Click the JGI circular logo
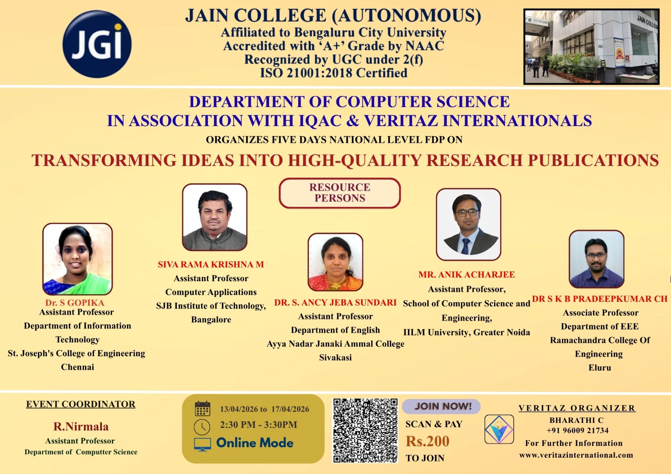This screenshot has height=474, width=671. (x=97, y=44)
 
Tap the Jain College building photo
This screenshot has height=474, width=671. (x=591, y=47)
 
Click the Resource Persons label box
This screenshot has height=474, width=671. (x=340, y=193)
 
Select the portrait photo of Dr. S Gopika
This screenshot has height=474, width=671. (x=78, y=259)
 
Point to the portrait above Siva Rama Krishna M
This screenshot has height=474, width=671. (x=215, y=217)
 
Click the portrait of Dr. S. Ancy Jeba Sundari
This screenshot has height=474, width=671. (x=335, y=262)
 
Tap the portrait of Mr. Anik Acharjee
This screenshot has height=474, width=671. (x=468, y=224)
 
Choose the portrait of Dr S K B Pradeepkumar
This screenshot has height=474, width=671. (x=596, y=259)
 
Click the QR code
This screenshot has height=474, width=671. (x=365, y=430)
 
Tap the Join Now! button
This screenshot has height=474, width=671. (x=442, y=406)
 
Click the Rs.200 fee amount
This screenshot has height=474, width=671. (x=427, y=441)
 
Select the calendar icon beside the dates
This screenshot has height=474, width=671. (x=203, y=409)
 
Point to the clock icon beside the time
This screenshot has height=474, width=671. (x=202, y=427)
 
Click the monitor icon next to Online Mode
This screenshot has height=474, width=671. (x=203, y=444)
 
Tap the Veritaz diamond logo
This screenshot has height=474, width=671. (x=499, y=429)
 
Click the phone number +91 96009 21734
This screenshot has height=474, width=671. (x=577, y=430)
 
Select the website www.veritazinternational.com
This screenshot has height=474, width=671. (x=576, y=455)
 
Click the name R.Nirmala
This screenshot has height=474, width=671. (x=81, y=427)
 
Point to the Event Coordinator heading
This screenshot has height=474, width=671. (x=81, y=404)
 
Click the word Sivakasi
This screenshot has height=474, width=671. (x=335, y=357)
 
